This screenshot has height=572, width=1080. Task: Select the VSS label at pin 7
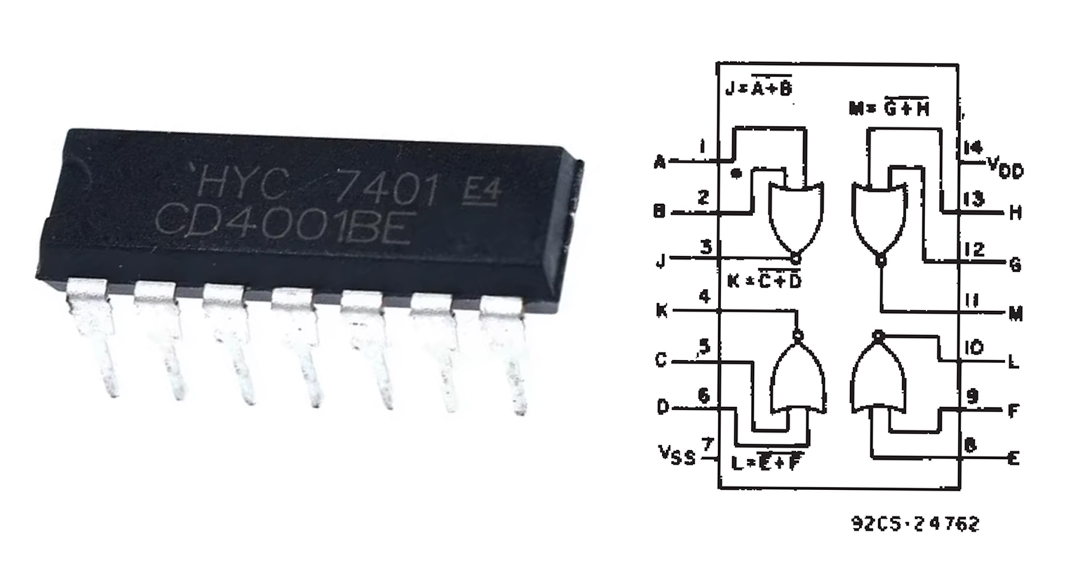(677, 456)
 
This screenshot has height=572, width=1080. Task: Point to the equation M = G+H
(889, 107)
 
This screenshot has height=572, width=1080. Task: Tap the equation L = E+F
(766, 462)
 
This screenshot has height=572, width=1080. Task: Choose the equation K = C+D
(765, 280)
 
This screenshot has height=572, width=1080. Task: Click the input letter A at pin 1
(659, 162)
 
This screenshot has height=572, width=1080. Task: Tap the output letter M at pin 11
(1015, 313)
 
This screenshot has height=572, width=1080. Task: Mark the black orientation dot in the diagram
(737, 172)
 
